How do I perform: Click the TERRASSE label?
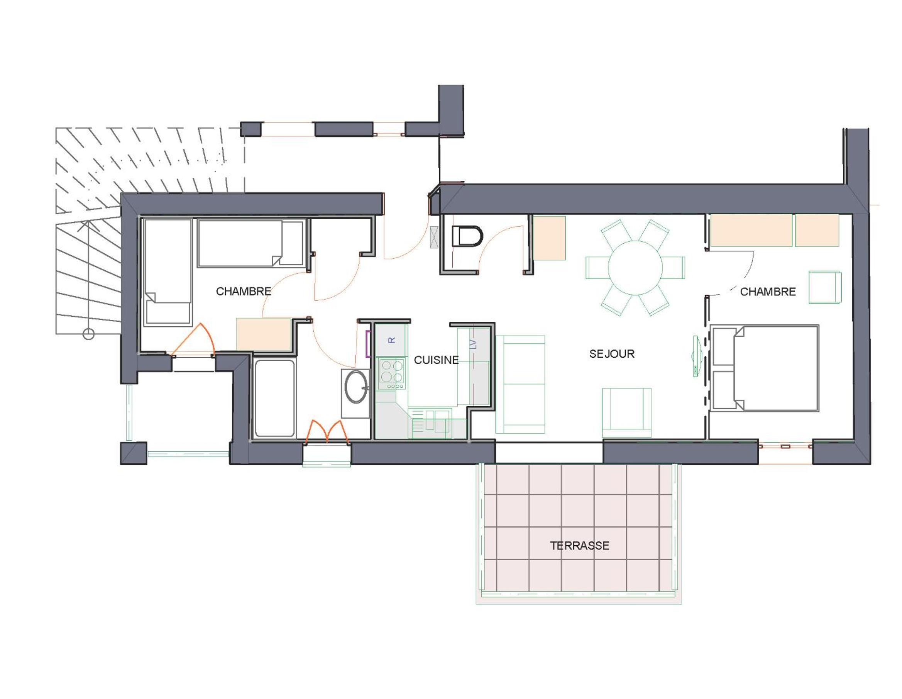pyautogui.click(x=579, y=546)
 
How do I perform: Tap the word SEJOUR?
pyautogui.click(x=612, y=354)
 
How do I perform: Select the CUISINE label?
pyautogui.click(x=436, y=360)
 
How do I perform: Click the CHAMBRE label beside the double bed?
pyautogui.click(x=768, y=292)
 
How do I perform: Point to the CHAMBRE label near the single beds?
pyautogui.click(x=244, y=291)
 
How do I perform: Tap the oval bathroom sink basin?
pyautogui.click(x=356, y=387)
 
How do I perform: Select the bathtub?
pyautogui.click(x=274, y=398)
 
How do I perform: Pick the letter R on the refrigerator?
pyautogui.click(x=392, y=340)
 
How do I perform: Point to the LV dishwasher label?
pyautogui.click(x=474, y=344)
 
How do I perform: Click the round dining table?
pyautogui.click(x=635, y=268)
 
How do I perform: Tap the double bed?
pyautogui.click(x=765, y=368)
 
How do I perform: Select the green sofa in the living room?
pyautogui.click(x=520, y=384)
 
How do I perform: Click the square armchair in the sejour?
pyautogui.click(x=626, y=413)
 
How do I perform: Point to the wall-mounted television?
pyautogui.click(x=697, y=356)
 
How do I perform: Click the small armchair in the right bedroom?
pyautogui.click(x=825, y=287)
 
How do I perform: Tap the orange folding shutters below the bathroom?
pyautogui.click(x=327, y=432)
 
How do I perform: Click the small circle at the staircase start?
pyautogui.click(x=88, y=334)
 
